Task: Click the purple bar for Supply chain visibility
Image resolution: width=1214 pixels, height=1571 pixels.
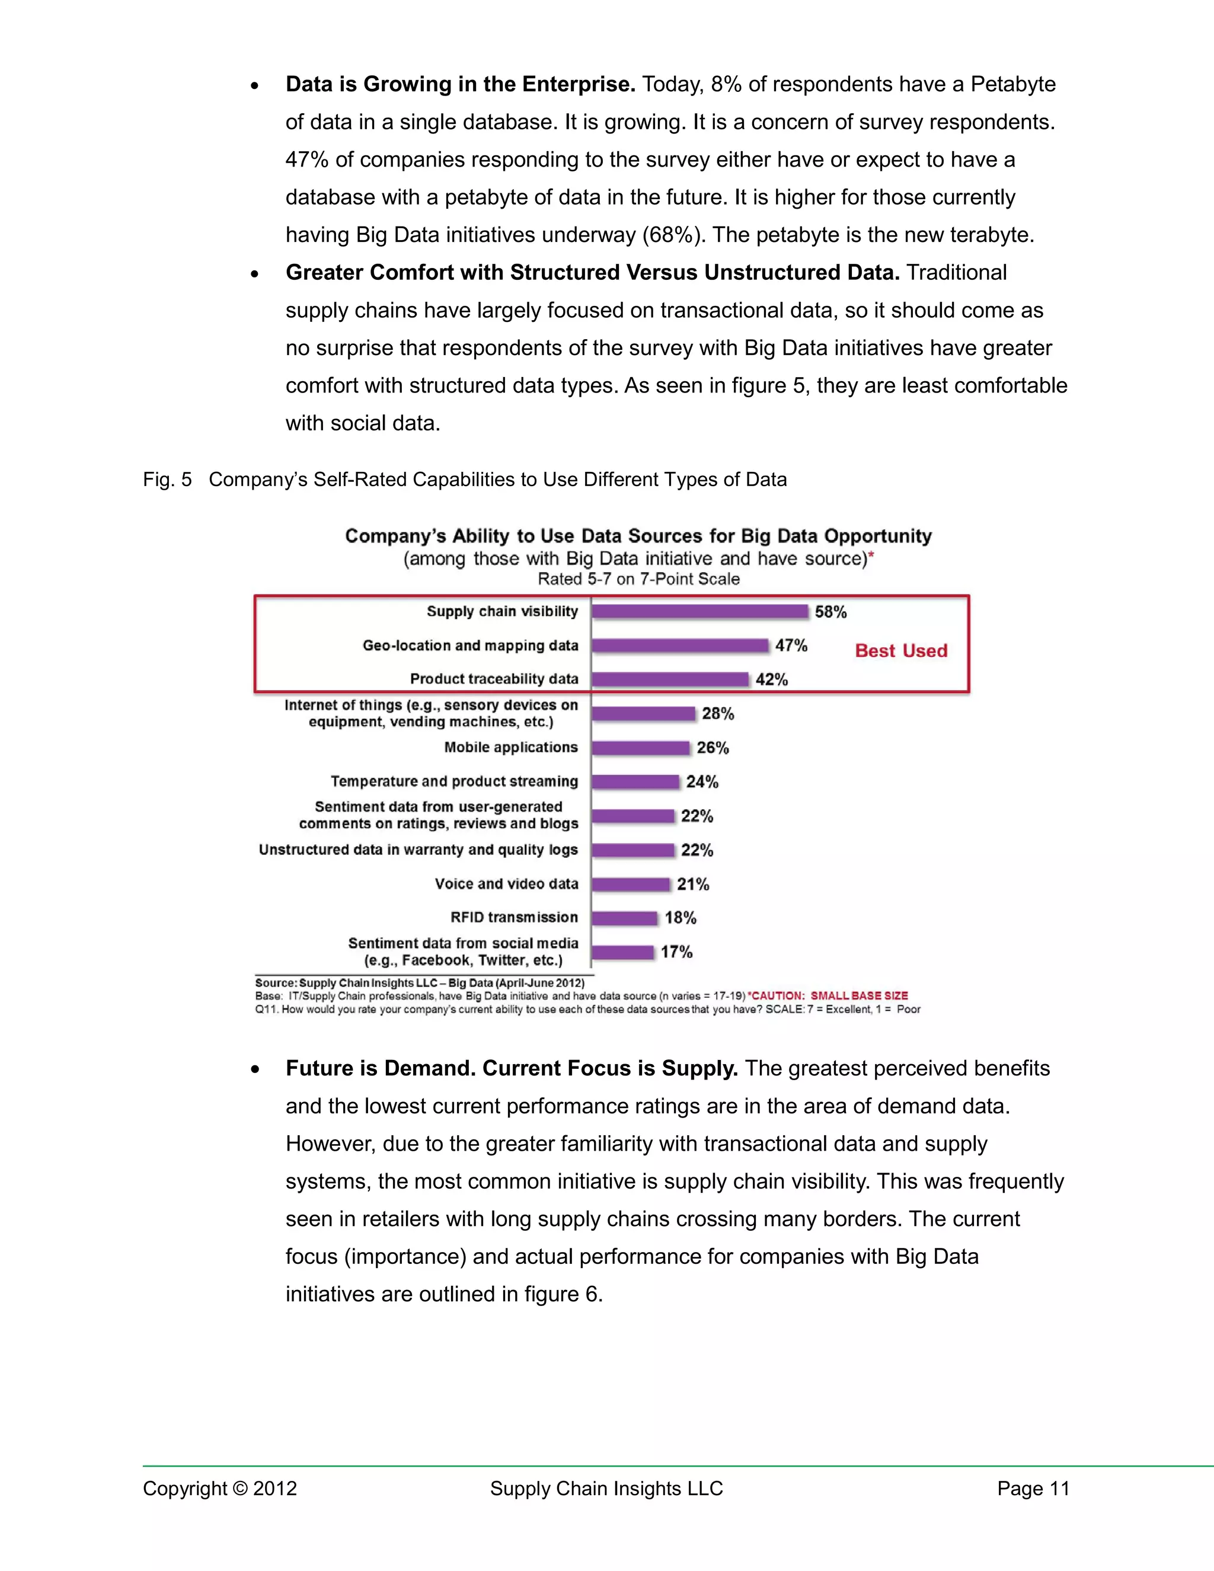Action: tap(700, 611)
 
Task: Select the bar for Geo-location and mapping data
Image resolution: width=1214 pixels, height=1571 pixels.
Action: tap(681, 645)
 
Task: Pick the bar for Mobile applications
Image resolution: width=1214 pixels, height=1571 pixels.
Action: tap(641, 748)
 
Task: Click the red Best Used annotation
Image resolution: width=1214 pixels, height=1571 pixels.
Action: tap(900, 650)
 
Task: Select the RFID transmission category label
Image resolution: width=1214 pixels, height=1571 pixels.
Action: tap(513, 917)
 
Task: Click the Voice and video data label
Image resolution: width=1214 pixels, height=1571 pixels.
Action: tap(506, 883)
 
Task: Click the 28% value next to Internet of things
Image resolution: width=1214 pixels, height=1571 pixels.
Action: tap(718, 714)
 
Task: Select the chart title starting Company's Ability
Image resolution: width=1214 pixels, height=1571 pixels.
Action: tap(638, 536)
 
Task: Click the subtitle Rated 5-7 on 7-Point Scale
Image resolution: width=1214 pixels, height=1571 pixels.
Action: tap(638, 579)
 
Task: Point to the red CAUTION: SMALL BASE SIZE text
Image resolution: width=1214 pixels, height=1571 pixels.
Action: tap(829, 995)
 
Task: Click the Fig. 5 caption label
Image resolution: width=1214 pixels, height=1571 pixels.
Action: tap(167, 480)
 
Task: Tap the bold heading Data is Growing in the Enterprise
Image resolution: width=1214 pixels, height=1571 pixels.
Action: tap(460, 84)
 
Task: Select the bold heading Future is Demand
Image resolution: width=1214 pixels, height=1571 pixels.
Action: tap(512, 1068)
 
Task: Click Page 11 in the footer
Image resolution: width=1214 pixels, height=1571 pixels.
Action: tap(1033, 1488)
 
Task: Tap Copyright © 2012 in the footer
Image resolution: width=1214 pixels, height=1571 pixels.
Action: tap(219, 1488)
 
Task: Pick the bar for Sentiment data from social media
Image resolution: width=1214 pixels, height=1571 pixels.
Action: tap(623, 953)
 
